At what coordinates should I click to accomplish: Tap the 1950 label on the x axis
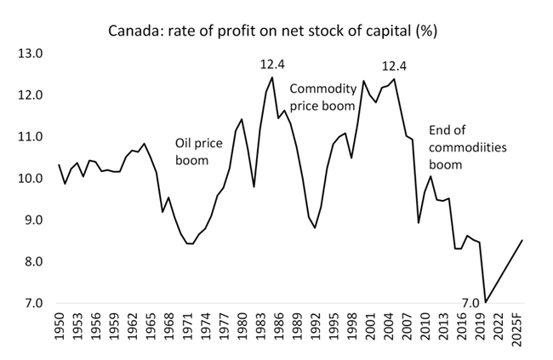point(60,327)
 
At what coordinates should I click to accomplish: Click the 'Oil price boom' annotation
point(198,151)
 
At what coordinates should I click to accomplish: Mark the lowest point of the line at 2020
point(486,302)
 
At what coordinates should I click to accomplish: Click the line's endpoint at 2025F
point(522,240)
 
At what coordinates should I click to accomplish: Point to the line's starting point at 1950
point(58,164)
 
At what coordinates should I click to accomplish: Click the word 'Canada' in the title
point(131,32)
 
